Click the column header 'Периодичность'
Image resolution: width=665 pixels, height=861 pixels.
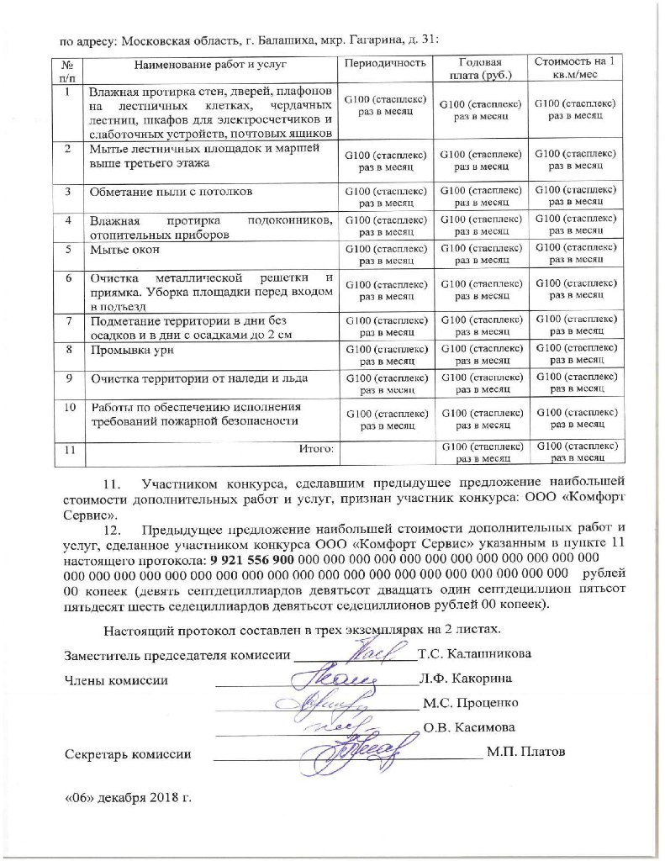tap(386, 63)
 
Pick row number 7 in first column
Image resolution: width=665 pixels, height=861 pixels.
tap(66, 320)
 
